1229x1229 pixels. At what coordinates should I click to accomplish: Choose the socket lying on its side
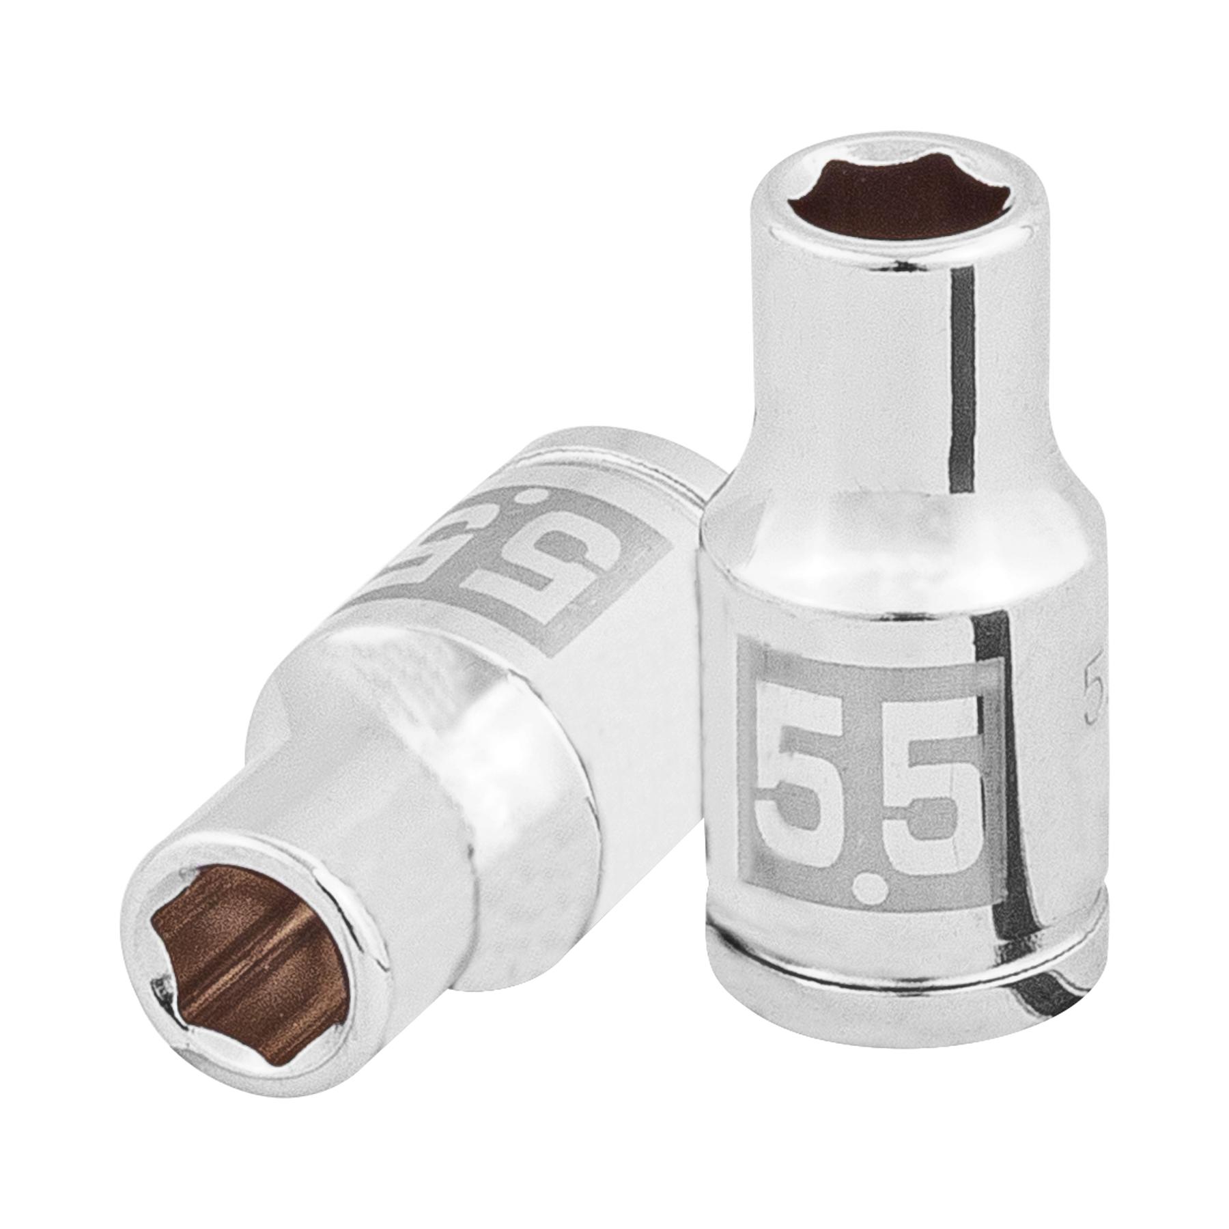coord(410,751)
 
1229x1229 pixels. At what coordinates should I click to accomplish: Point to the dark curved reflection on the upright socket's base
coord(1045,983)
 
